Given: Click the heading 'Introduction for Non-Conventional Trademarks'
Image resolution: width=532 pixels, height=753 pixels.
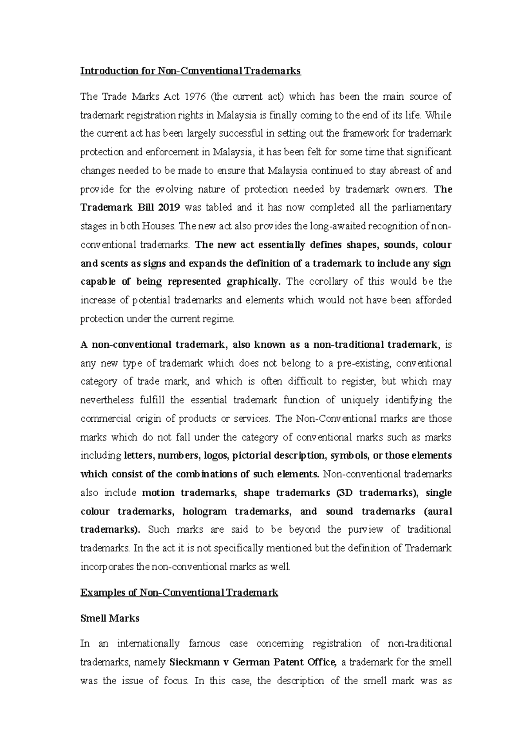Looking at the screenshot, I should pyautogui.click(x=190, y=71).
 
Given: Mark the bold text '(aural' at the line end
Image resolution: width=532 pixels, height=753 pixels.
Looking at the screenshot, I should pyautogui.click(x=438, y=511).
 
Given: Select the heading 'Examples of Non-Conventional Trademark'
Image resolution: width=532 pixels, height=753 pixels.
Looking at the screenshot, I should pyautogui.click(x=179, y=592).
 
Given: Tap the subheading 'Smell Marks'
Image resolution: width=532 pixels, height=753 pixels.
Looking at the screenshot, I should pyautogui.click(x=110, y=618).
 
